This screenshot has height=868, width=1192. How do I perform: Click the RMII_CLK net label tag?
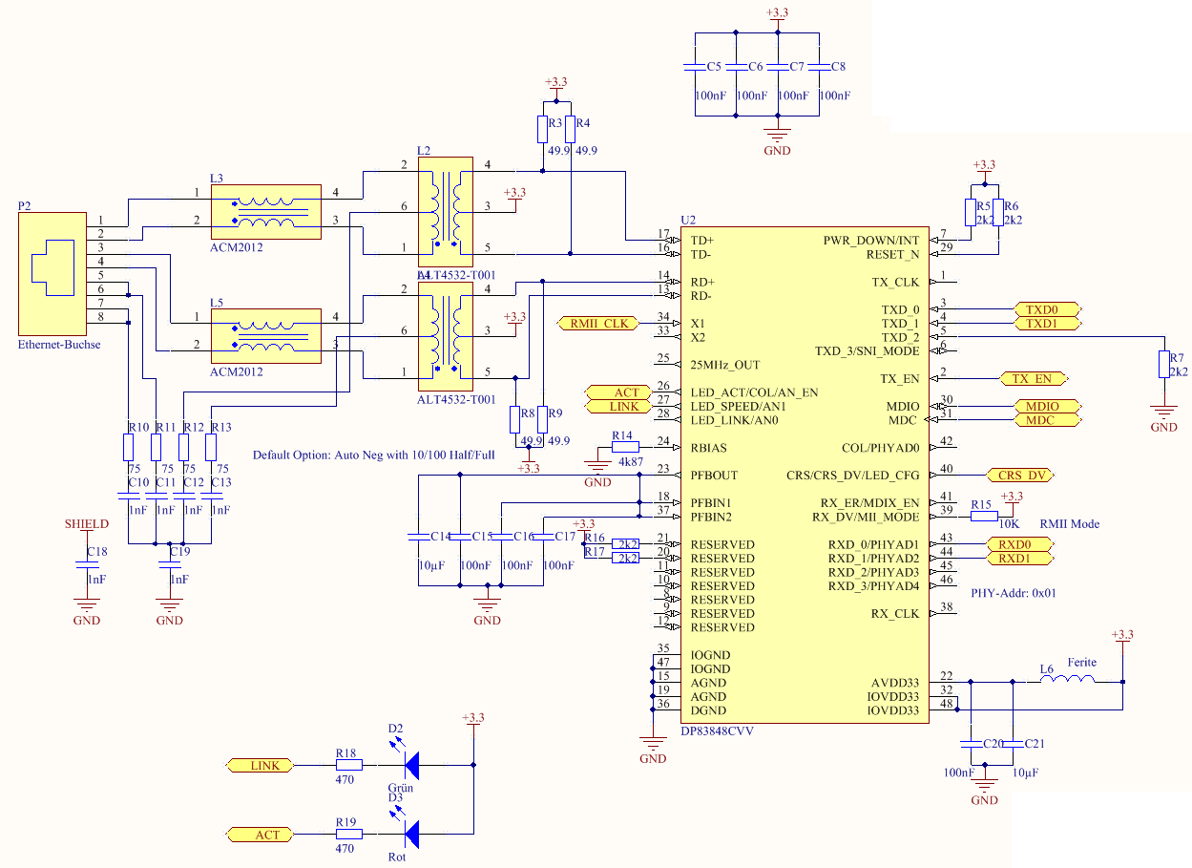point(598,324)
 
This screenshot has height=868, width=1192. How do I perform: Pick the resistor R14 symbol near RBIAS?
point(624,447)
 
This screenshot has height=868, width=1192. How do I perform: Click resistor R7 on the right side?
point(1163,365)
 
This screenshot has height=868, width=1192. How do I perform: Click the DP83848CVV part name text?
point(717,731)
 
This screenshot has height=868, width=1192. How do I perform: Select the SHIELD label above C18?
point(86,524)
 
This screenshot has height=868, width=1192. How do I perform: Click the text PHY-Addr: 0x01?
point(1014,593)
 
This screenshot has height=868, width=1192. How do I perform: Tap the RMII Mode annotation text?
point(1070,523)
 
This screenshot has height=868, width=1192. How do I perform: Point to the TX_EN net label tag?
point(1032,379)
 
